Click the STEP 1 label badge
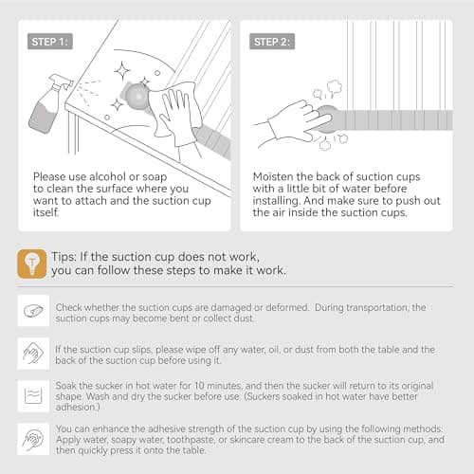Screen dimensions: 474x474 tap(50, 42)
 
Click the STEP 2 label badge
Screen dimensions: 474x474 tap(272, 42)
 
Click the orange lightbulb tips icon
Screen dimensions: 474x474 tap(32, 264)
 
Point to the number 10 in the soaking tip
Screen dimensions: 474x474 tap(199, 386)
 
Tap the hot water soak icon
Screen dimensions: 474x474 tap(33, 396)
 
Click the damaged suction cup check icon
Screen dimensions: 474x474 tap(33, 311)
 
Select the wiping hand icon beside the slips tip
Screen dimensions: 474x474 tap(33, 354)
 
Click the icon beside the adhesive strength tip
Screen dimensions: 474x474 tap(33, 439)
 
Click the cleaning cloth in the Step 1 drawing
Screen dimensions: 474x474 tap(175, 109)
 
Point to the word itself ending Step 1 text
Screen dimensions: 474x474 tap(46, 212)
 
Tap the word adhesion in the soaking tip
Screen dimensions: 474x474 tap(78, 407)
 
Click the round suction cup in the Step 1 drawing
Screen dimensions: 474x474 tap(137, 97)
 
